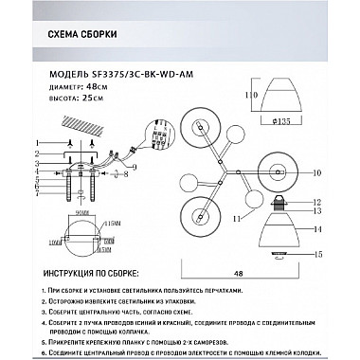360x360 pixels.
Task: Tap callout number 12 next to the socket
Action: tap(317, 201)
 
